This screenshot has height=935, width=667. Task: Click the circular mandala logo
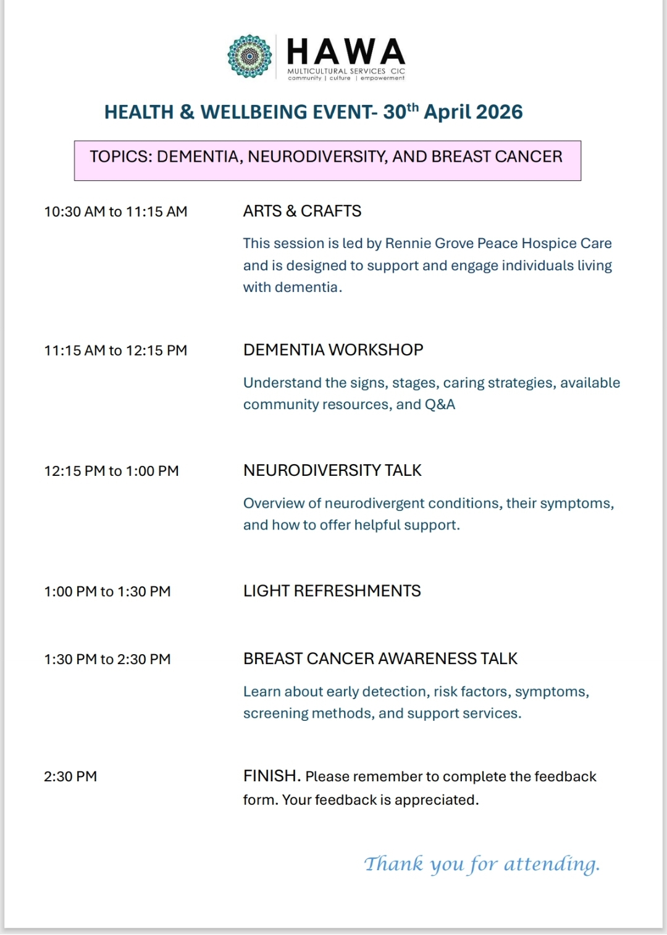[250, 57]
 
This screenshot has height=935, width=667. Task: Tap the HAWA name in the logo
[346, 52]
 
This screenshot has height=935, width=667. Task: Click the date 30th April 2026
[453, 112]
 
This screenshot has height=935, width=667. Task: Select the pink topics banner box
[327, 160]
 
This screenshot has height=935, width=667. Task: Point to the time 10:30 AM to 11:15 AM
[115, 212]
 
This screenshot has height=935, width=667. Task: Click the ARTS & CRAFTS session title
[302, 211]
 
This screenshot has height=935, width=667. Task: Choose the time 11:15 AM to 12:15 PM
[115, 351]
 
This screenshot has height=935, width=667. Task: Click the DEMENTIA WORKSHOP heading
[333, 350]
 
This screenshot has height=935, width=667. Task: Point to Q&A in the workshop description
[440, 405]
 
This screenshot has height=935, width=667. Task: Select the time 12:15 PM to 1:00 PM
[111, 471]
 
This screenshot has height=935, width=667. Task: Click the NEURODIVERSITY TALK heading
[332, 470]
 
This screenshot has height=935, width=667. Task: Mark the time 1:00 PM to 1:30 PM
[107, 591]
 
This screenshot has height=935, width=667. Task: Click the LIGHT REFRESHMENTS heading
[332, 591]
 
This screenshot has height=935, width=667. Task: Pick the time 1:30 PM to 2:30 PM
[107, 659]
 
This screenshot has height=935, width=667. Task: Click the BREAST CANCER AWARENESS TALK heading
[380, 659]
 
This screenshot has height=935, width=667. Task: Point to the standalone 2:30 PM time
[70, 776]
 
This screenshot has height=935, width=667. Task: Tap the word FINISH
[271, 776]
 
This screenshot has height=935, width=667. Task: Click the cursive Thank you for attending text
[482, 864]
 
